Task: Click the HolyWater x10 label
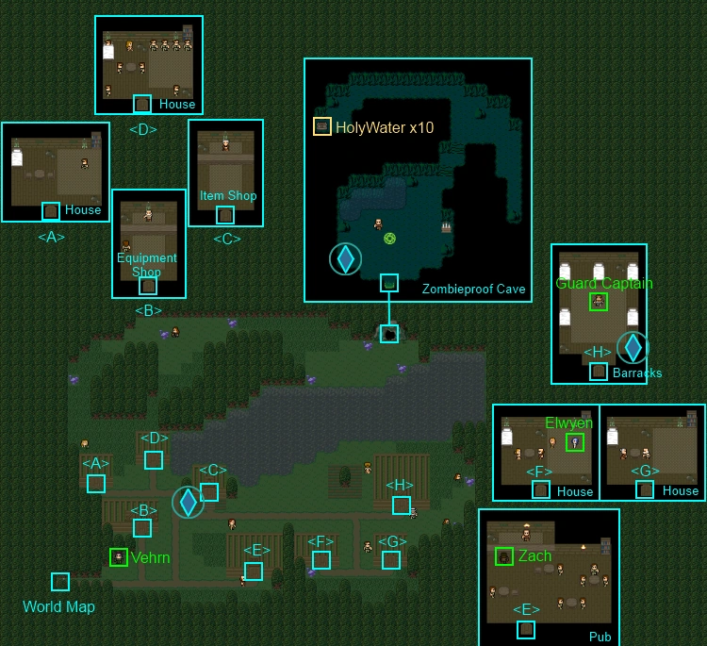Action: coord(385,127)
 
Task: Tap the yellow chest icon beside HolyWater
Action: coord(322,126)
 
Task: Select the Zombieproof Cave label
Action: coord(473,289)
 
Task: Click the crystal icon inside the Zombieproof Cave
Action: coord(346,258)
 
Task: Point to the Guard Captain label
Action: coord(604,283)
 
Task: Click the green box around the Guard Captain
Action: coord(598,301)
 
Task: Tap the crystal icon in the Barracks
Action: coord(633,347)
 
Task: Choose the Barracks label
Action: coord(637,373)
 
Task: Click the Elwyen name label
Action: coord(569,422)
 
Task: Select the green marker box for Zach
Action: coord(504,556)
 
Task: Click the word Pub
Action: coord(600,637)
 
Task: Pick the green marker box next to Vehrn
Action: coord(119,557)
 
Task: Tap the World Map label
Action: coord(59,606)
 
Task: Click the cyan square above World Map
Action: coord(60,582)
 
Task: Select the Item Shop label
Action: coord(228,195)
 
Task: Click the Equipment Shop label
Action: coord(147,265)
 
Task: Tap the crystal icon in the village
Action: coord(188,502)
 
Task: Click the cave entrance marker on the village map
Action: coord(388,334)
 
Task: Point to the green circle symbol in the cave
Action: coord(389,239)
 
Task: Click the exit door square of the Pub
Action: coord(526,629)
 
